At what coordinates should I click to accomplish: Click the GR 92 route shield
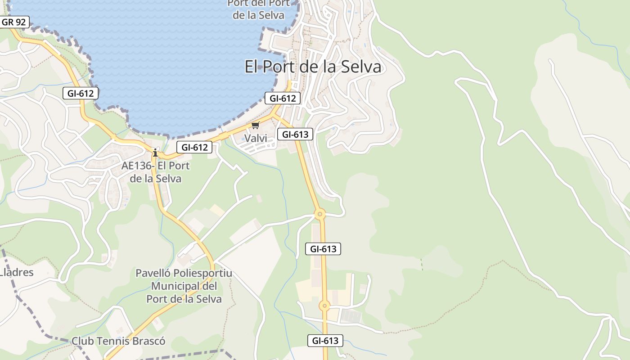click(x=14, y=22)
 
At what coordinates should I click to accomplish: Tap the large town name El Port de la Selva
click(x=313, y=67)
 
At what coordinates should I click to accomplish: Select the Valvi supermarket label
click(x=256, y=138)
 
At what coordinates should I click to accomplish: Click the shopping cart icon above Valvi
click(x=255, y=126)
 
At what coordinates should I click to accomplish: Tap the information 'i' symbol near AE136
click(x=155, y=153)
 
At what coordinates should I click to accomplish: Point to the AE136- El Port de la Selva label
click(x=156, y=172)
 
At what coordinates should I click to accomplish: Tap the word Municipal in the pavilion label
click(x=175, y=286)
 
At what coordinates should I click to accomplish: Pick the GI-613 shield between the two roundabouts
click(x=323, y=248)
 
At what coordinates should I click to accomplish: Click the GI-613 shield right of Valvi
click(x=295, y=134)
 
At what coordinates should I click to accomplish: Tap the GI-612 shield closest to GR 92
click(x=80, y=93)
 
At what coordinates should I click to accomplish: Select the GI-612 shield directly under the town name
click(x=282, y=98)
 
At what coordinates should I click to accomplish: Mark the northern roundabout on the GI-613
click(x=319, y=214)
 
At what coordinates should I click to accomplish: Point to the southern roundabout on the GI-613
click(x=324, y=306)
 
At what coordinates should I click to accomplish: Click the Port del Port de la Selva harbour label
click(x=258, y=9)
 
